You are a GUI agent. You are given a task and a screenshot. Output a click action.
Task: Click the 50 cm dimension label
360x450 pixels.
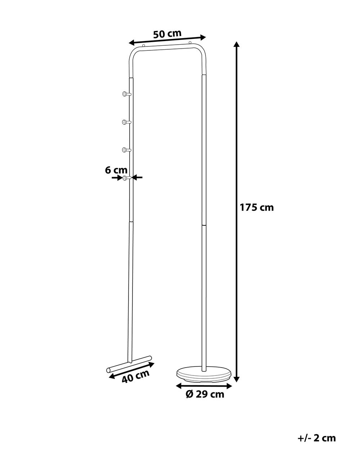pyautogui.click(x=167, y=34)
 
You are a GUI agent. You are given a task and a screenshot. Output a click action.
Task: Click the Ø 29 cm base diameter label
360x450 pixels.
pyautogui.click(x=205, y=394)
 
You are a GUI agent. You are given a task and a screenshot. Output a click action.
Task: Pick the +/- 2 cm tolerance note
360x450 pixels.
pyautogui.click(x=317, y=438)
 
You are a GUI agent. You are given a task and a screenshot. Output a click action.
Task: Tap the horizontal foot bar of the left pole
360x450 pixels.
pyautogui.click(x=129, y=364)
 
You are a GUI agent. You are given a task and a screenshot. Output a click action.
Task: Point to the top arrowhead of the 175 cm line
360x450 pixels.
pyautogui.click(x=237, y=45)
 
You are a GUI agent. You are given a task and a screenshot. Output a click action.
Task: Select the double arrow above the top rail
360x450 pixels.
pyautogui.click(x=167, y=39)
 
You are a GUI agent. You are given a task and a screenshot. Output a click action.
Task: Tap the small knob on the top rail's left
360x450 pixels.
pyautogui.click(x=144, y=46)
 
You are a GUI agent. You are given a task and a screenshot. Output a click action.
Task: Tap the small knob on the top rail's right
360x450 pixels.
pyautogui.click(x=190, y=43)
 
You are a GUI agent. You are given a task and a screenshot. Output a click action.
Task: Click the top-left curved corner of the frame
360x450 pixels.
pyautogui.click(x=133, y=53)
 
